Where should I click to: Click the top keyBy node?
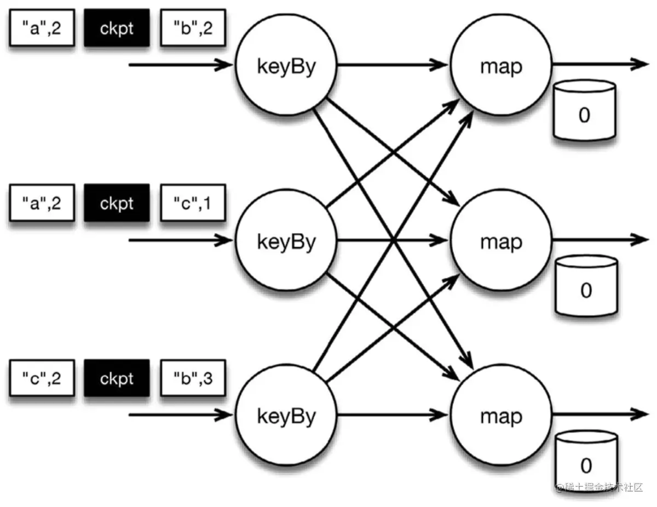click(x=286, y=66)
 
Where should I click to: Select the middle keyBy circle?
click(x=286, y=241)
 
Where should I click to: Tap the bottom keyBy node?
click(x=286, y=416)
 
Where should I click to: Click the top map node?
click(x=501, y=66)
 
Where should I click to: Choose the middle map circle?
click(x=501, y=241)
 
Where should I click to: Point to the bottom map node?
click(x=501, y=416)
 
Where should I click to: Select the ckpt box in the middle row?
click(x=117, y=203)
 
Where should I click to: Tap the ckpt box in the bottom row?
click(x=117, y=378)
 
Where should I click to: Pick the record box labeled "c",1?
click(x=193, y=203)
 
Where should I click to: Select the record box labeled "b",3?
click(x=193, y=378)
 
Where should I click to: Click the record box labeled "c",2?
click(x=41, y=378)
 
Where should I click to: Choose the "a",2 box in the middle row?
click(x=41, y=203)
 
